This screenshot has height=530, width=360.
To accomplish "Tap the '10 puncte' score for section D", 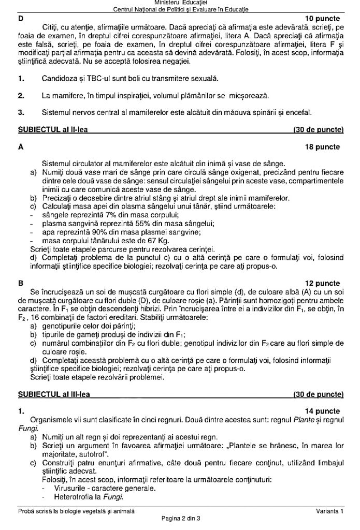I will (323, 18).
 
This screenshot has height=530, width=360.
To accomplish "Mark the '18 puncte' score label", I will (323, 147).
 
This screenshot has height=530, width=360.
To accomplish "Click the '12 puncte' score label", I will (323, 283).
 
